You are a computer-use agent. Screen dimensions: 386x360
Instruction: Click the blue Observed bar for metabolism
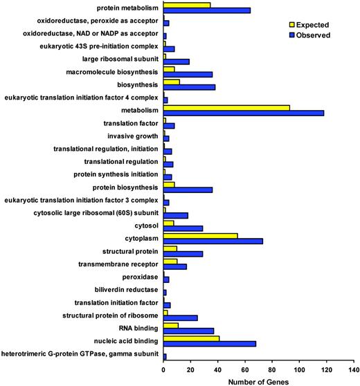tap(244, 113)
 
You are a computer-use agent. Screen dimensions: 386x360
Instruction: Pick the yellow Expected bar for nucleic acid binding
tap(192, 337)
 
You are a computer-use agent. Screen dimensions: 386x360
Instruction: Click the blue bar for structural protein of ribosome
tap(181, 318)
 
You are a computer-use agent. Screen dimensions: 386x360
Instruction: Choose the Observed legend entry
tap(310, 34)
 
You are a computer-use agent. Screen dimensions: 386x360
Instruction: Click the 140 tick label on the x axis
tap(354, 367)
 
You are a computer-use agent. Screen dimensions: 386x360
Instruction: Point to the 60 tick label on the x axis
tap(246, 367)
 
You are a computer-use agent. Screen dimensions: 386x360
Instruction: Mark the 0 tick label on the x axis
tap(164, 367)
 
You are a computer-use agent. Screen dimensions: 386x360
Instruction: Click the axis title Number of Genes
tap(259, 380)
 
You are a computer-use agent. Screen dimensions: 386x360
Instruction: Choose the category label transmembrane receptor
tap(110, 263)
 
